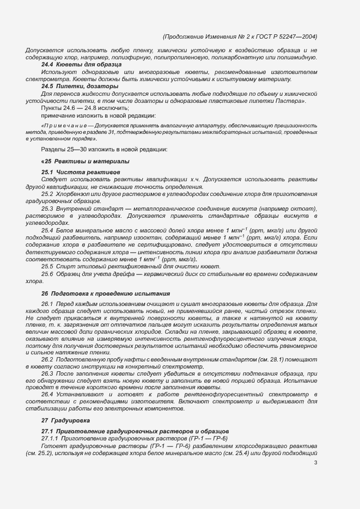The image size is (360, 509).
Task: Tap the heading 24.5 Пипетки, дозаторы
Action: [x=80, y=86]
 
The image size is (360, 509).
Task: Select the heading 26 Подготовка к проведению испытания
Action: [x=106, y=293]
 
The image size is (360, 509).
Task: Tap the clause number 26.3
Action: [x=48, y=374]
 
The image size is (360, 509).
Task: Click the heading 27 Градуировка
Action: [x=66, y=421]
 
